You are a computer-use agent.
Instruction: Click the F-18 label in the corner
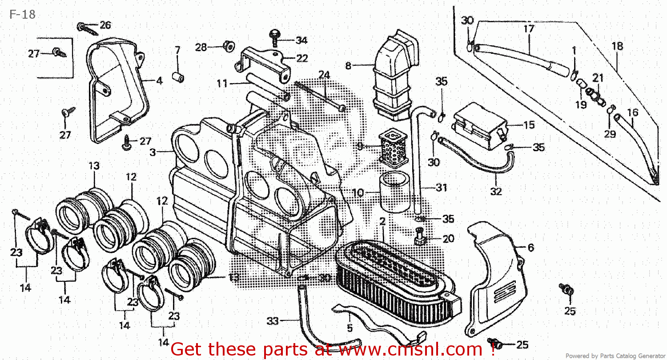(22, 14)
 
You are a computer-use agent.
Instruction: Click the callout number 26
(105, 25)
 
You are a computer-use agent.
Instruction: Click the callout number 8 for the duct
(348, 66)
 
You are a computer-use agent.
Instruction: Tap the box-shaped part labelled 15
(478, 124)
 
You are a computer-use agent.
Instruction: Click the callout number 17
(528, 29)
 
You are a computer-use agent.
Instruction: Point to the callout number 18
(617, 46)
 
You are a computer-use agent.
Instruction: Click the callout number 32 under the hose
(496, 192)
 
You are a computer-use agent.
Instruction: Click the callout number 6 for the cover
(530, 248)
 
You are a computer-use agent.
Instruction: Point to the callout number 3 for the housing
(153, 152)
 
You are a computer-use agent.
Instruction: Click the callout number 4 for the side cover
(159, 81)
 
